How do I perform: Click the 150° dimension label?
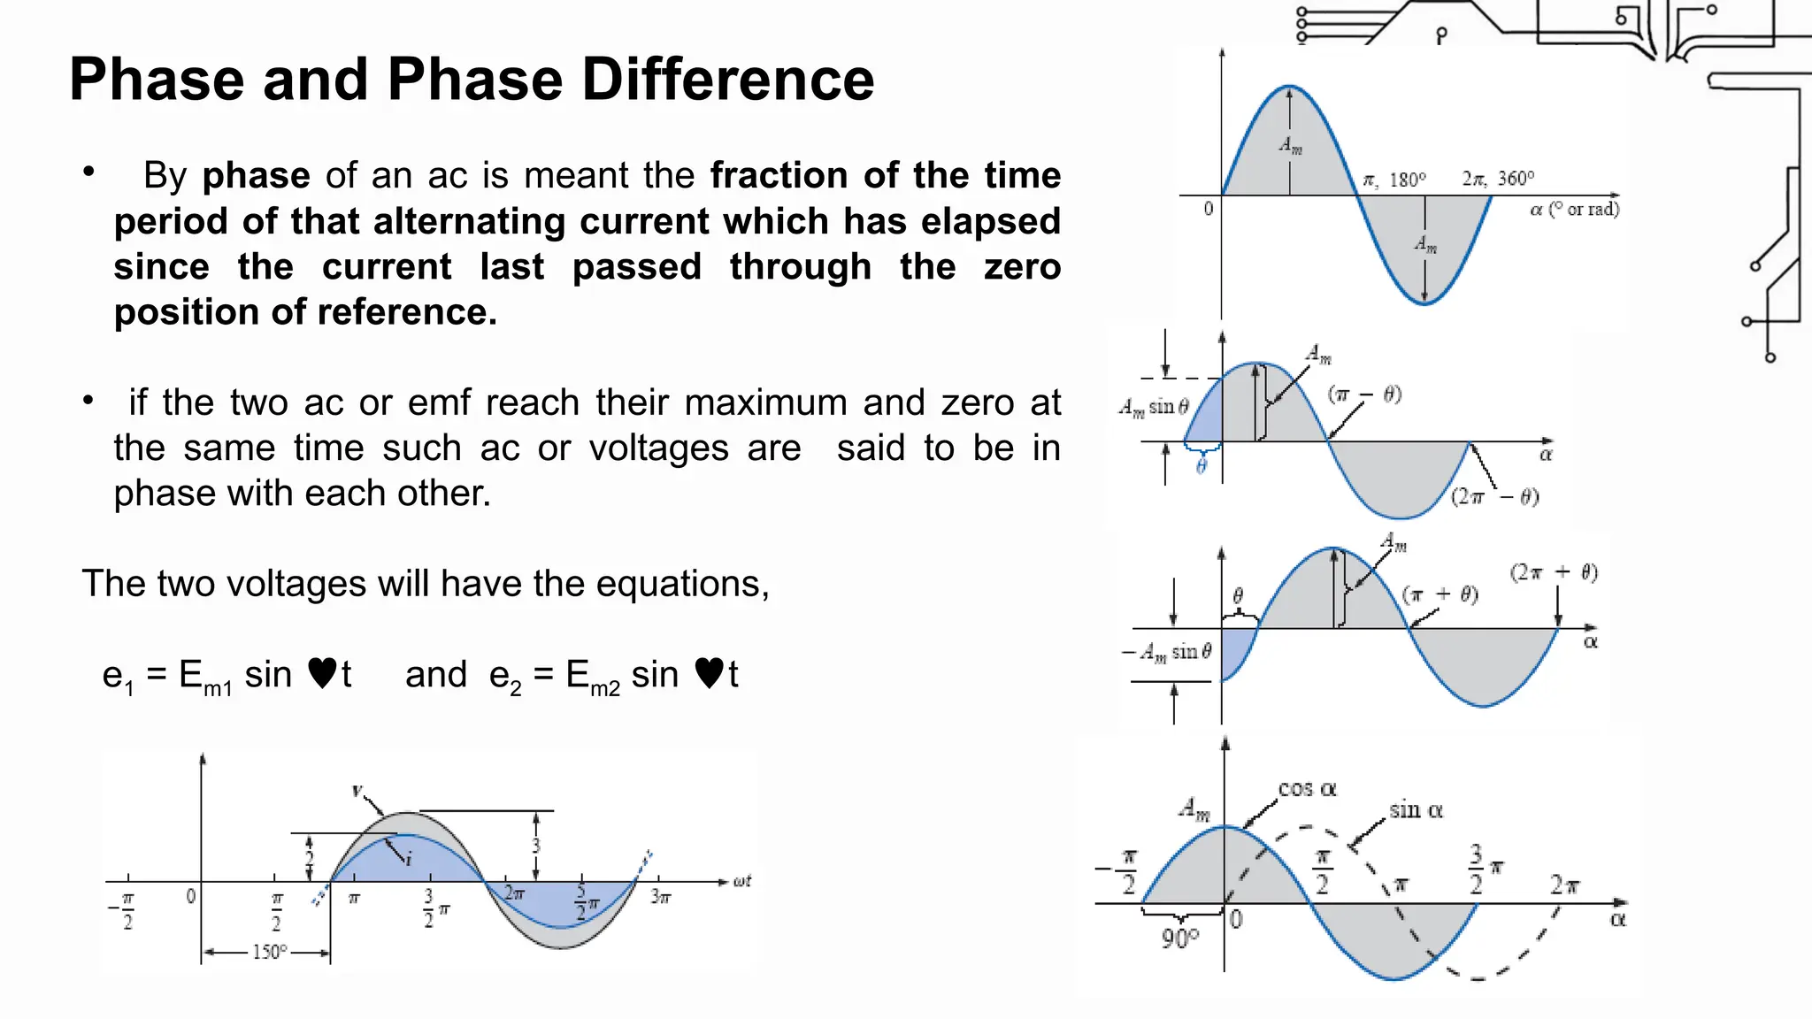(270, 953)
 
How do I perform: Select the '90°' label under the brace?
(1180, 939)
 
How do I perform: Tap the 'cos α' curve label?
(1307, 789)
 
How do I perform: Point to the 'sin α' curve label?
(1416, 810)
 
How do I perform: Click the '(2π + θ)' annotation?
(1554, 572)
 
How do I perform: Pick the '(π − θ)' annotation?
(1364, 395)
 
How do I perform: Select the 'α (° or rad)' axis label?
(1575, 210)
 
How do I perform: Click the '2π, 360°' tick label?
(1498, 179)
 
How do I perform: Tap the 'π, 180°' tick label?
(1394, 180)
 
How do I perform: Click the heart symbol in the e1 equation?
(323, 674)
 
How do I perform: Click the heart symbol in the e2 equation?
(710, 674)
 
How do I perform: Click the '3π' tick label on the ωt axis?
(661, 897)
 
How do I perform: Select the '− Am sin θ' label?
(1167, 653)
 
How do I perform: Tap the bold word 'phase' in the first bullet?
(256, 176)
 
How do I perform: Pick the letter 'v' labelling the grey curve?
(357, 790)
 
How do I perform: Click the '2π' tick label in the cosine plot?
(1564, 885)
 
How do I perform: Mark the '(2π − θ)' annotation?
(1494, 497)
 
